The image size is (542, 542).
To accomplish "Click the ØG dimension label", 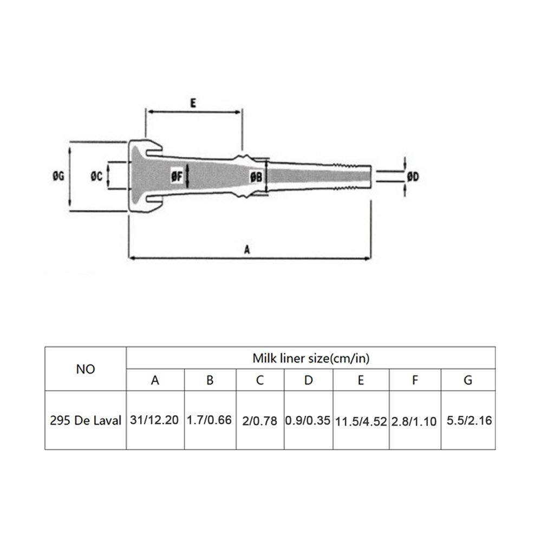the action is [58, 177].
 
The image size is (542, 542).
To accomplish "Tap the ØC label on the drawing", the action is [96, 177].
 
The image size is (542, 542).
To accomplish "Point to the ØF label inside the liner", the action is [177, 177].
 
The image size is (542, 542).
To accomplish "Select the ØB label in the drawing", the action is [256, 177].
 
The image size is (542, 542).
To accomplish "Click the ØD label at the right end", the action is [413, 177].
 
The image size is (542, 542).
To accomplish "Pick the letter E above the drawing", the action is [193, 103].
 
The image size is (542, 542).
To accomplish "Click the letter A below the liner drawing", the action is [247, 249].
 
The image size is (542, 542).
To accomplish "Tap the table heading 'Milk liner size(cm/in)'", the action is [311, 358].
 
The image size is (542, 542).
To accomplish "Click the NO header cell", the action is [86, 369].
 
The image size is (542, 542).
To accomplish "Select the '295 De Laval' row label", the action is [86, 420].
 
